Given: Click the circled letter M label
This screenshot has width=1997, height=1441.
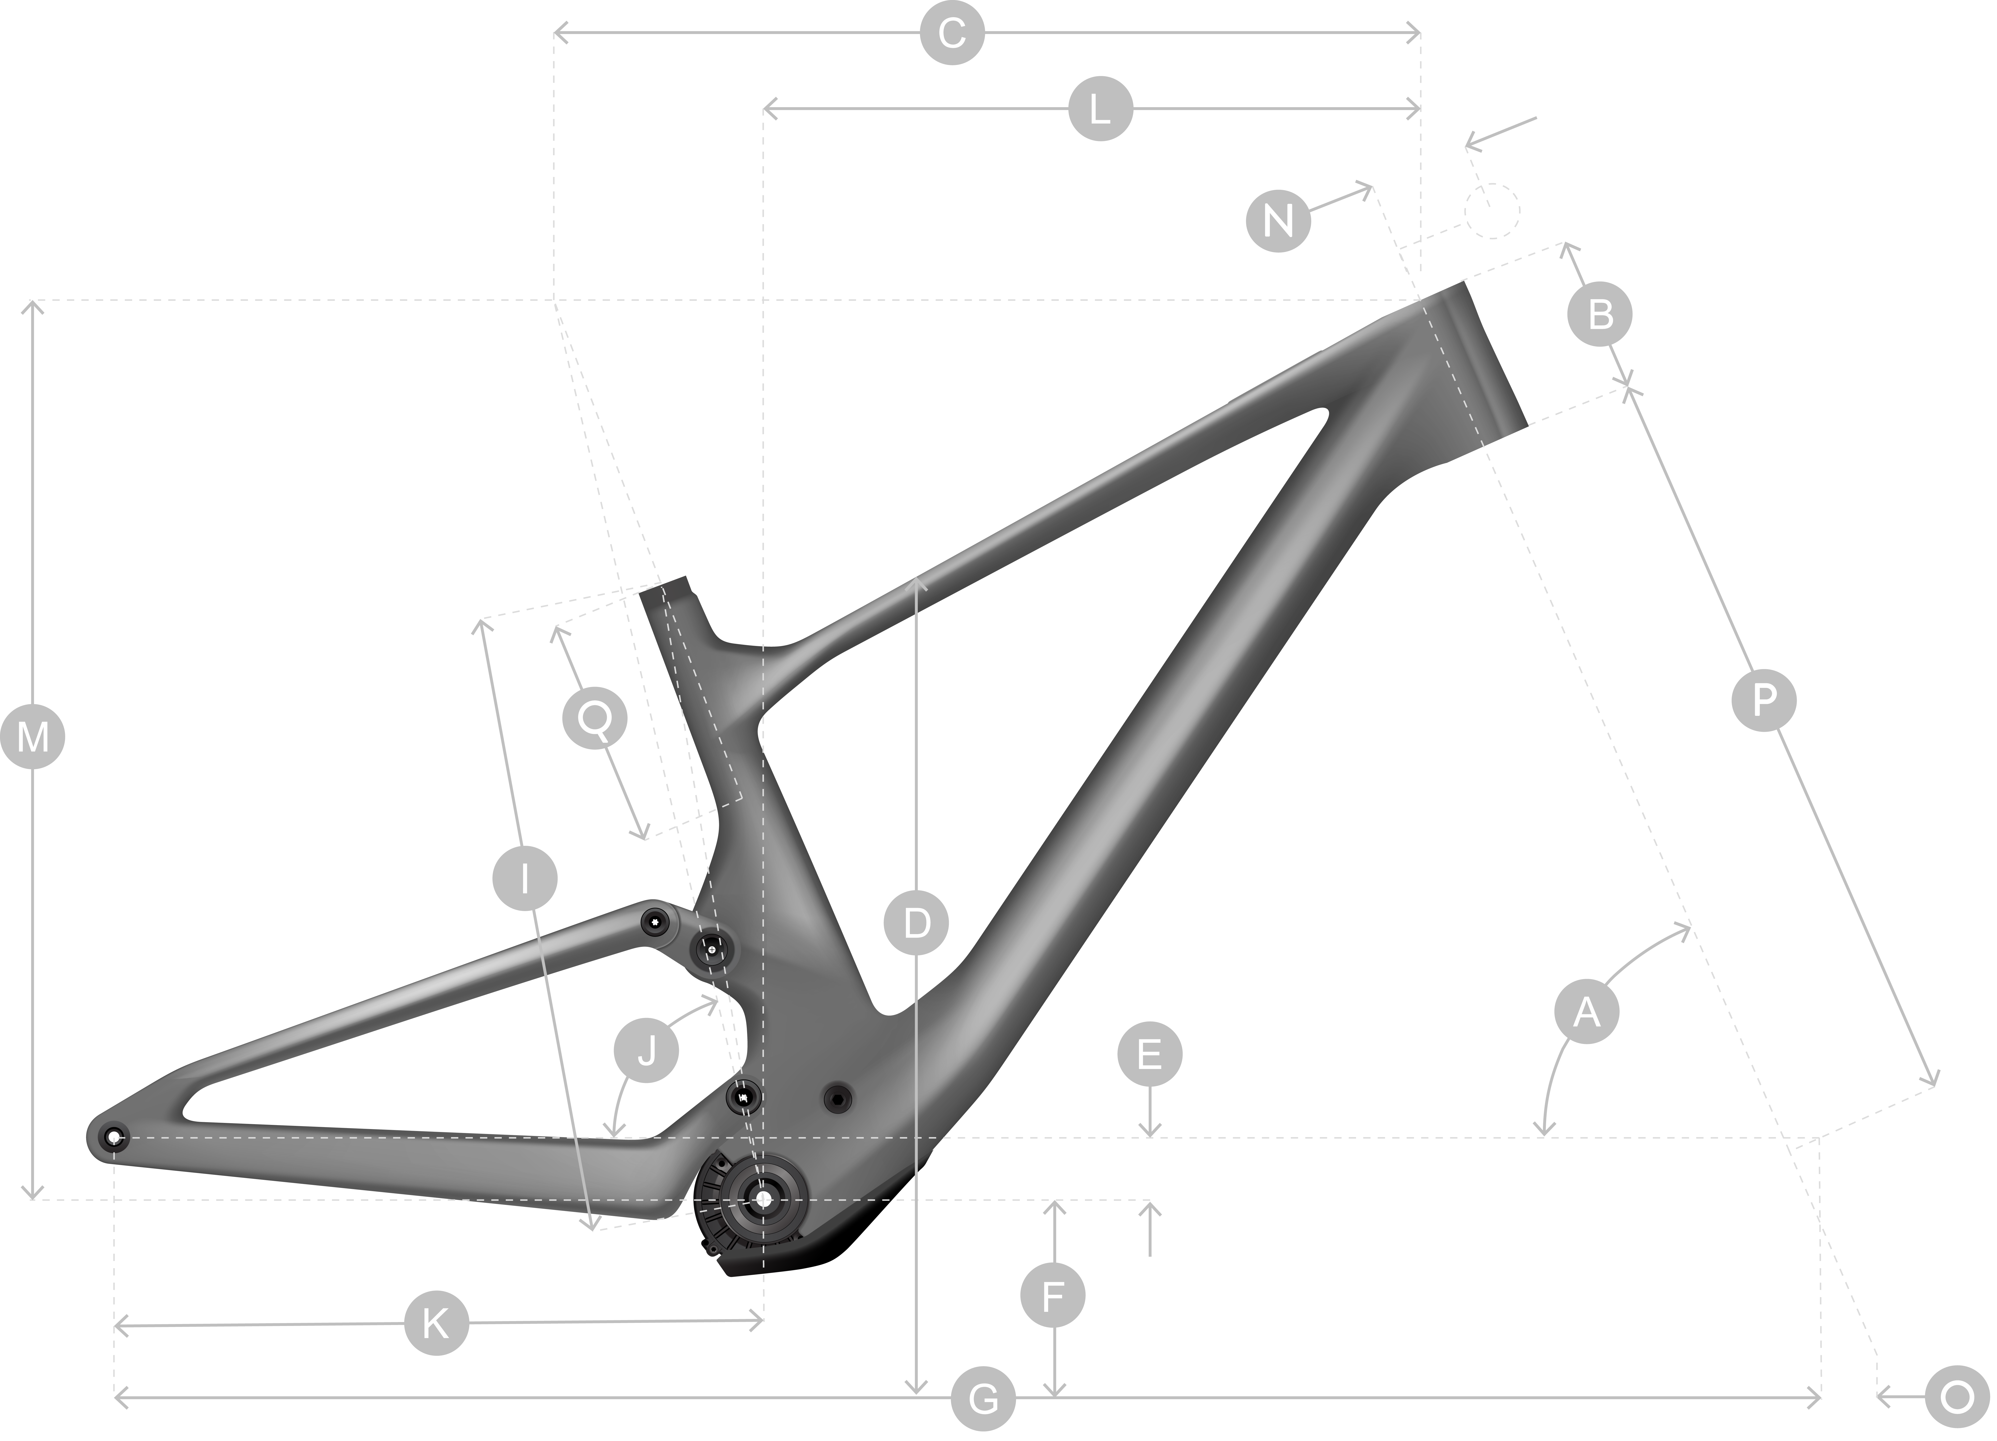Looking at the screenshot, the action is pyautogui.click(x=33, y=737).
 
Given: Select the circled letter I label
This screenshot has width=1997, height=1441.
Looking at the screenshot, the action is pyautogui.click(x=525, y=878).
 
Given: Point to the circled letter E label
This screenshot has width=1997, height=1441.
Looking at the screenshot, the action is pyautogui.click(x=1150, y=1054).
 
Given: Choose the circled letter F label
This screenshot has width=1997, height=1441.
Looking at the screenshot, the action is pyautogui.click(x=1053, y=1296).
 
